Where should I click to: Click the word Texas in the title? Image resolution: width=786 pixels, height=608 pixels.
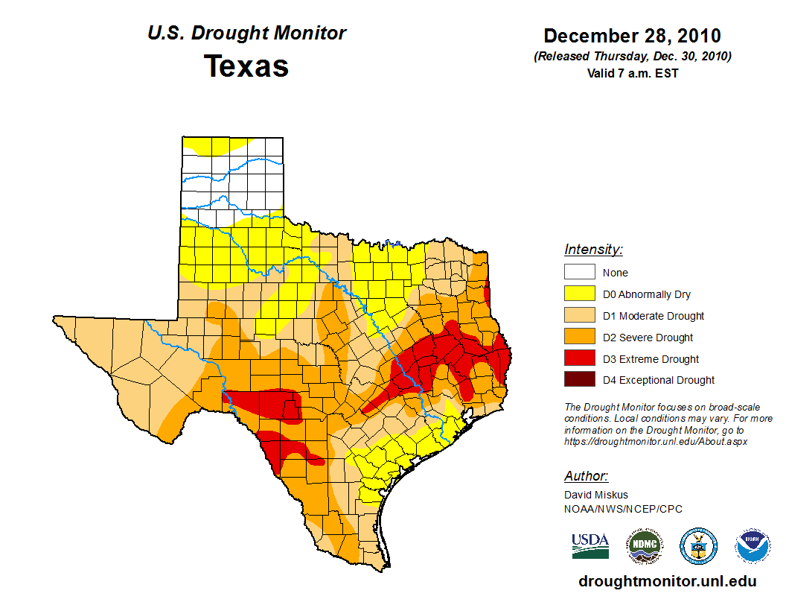[246, 66]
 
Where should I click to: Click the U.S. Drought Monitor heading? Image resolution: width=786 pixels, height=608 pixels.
[246, 34]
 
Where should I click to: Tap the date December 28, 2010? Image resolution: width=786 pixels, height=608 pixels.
[632, 36]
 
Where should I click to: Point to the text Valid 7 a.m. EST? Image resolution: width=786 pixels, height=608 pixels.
[632, 73]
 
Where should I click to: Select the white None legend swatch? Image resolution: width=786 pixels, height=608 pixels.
[579, 273]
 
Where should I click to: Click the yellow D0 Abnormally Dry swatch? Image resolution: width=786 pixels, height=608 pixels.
[579, 294]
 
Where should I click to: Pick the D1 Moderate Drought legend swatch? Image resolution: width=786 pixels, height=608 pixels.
[579, 316]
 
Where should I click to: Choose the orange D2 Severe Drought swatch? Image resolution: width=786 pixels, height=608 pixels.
[579, 338]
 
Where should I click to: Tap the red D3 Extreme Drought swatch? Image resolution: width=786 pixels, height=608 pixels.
[579, 359]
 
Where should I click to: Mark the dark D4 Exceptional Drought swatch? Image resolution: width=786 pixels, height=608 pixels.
[579, 380]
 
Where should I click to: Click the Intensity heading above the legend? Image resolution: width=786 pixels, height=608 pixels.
[593, 250]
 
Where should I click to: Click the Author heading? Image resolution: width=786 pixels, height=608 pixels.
[587, 476]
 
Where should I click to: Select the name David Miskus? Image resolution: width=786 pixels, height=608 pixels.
[596, 495]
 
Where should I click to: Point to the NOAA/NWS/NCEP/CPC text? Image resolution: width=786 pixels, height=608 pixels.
[623, 509]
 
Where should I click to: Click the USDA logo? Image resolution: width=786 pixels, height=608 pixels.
[590, 545]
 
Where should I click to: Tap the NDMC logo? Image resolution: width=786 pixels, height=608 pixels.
[644, 546]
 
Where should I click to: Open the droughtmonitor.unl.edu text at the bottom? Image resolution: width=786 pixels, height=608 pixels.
[667, 581]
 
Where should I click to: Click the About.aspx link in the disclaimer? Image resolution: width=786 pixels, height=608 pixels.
[655, 441]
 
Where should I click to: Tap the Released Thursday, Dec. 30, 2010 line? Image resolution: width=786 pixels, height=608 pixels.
[632, 57]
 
